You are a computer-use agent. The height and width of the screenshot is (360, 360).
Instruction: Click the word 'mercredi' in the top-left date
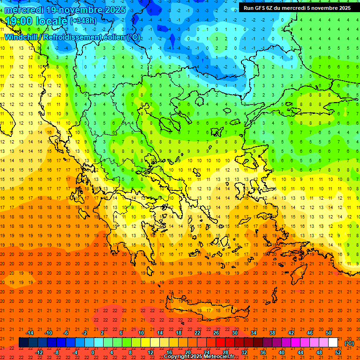24,10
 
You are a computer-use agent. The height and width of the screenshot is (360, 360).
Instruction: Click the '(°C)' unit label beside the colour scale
349,343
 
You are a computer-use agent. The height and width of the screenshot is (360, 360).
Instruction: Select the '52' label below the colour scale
338,352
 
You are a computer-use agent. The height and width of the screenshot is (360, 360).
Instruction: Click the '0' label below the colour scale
93,352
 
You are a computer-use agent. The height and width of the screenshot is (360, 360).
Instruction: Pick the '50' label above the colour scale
329,333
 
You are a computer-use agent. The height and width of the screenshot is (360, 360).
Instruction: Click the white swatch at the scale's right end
333,343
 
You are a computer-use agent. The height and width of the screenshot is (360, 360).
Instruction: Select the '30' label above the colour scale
235,333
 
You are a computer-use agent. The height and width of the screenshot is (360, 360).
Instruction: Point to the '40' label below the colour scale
282,352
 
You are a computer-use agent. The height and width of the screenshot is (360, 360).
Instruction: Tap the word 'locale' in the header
52,21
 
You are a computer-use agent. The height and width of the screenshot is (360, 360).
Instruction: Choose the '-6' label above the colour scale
66,333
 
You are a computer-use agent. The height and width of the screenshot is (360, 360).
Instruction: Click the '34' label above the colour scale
254,333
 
